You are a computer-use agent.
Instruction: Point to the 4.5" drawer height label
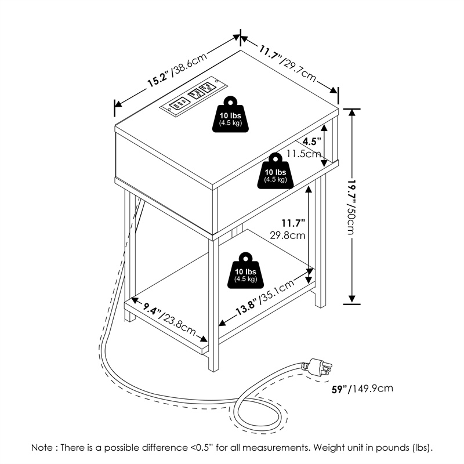(x=312, y=142)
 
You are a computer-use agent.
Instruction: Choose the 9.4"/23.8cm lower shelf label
(x=169, y=320)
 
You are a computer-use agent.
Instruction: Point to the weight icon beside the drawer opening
(x=275, y=172)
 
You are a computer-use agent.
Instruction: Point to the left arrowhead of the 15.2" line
(x=117, y=105)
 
